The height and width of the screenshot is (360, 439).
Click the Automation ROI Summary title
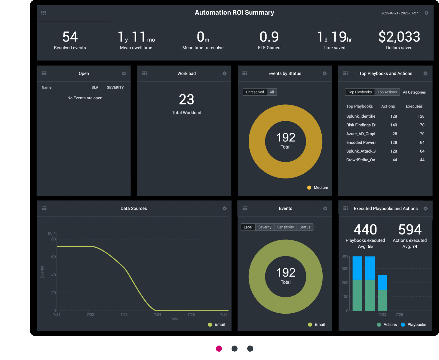click(234, 13)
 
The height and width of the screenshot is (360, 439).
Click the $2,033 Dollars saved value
click(399, 37)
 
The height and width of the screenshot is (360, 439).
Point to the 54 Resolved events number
click(70, 37)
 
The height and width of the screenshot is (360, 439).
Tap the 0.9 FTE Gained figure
click(269, 37)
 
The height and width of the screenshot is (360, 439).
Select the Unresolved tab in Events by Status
click(255, 92)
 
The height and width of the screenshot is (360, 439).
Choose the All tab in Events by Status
click(272, 92)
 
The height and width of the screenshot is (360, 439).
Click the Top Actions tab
click(387, 92)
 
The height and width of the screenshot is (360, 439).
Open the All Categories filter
click(414, 92)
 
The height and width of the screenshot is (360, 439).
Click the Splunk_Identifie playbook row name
click(361, 116)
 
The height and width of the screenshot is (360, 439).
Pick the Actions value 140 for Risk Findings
click(394, 125)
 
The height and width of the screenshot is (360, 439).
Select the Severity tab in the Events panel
click(265, 227)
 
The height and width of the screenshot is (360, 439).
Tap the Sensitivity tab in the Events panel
click(285, 227)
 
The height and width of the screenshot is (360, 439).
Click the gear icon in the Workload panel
click(225, 73)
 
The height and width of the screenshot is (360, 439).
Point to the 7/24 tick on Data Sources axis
click(158, 315)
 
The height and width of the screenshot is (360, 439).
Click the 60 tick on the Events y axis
click(54, 257)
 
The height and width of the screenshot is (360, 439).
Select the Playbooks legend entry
click(416, 324)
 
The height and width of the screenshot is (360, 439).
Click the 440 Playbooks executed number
click(365, 230)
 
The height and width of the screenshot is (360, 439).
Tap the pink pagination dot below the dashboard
click(219, 349)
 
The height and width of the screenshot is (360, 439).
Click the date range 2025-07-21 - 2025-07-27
click(400, 13)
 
